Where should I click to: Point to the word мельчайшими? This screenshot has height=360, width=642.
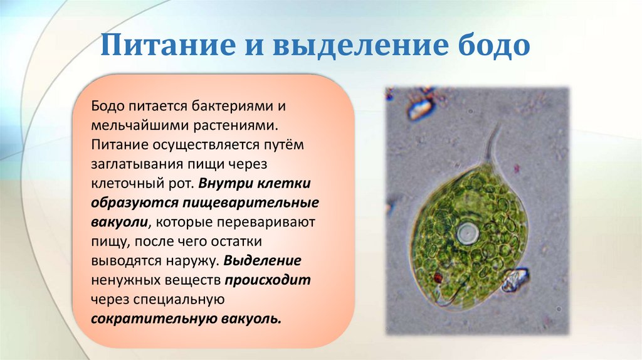click(137, 125)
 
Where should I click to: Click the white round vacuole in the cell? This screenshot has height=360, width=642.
click(467, 235)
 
